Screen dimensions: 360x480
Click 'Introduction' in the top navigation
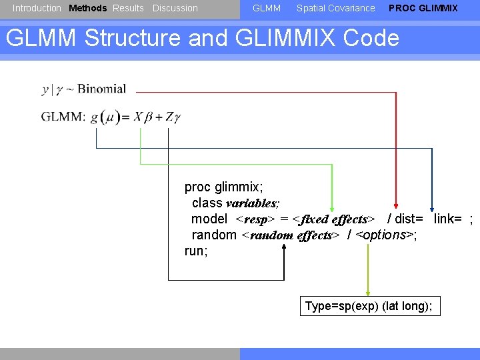(37, 8)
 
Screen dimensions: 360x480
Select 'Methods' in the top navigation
(87, 8)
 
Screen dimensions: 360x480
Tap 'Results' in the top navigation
(128, 8)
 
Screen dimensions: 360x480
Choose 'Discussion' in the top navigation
(175, 8)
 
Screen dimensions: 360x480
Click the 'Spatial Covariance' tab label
(335, 8)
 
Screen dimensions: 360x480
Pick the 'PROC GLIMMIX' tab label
(423, 8)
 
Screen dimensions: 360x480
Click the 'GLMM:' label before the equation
(63, 117)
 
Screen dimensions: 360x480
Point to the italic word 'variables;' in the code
(253, 203)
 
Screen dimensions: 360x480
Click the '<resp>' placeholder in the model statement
(255, 219)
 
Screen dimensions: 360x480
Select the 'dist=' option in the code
(409, 219)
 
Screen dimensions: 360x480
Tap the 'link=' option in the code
(448, 219)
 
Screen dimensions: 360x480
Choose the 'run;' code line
(196, 251)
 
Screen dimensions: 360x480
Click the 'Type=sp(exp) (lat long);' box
(369, 306)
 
